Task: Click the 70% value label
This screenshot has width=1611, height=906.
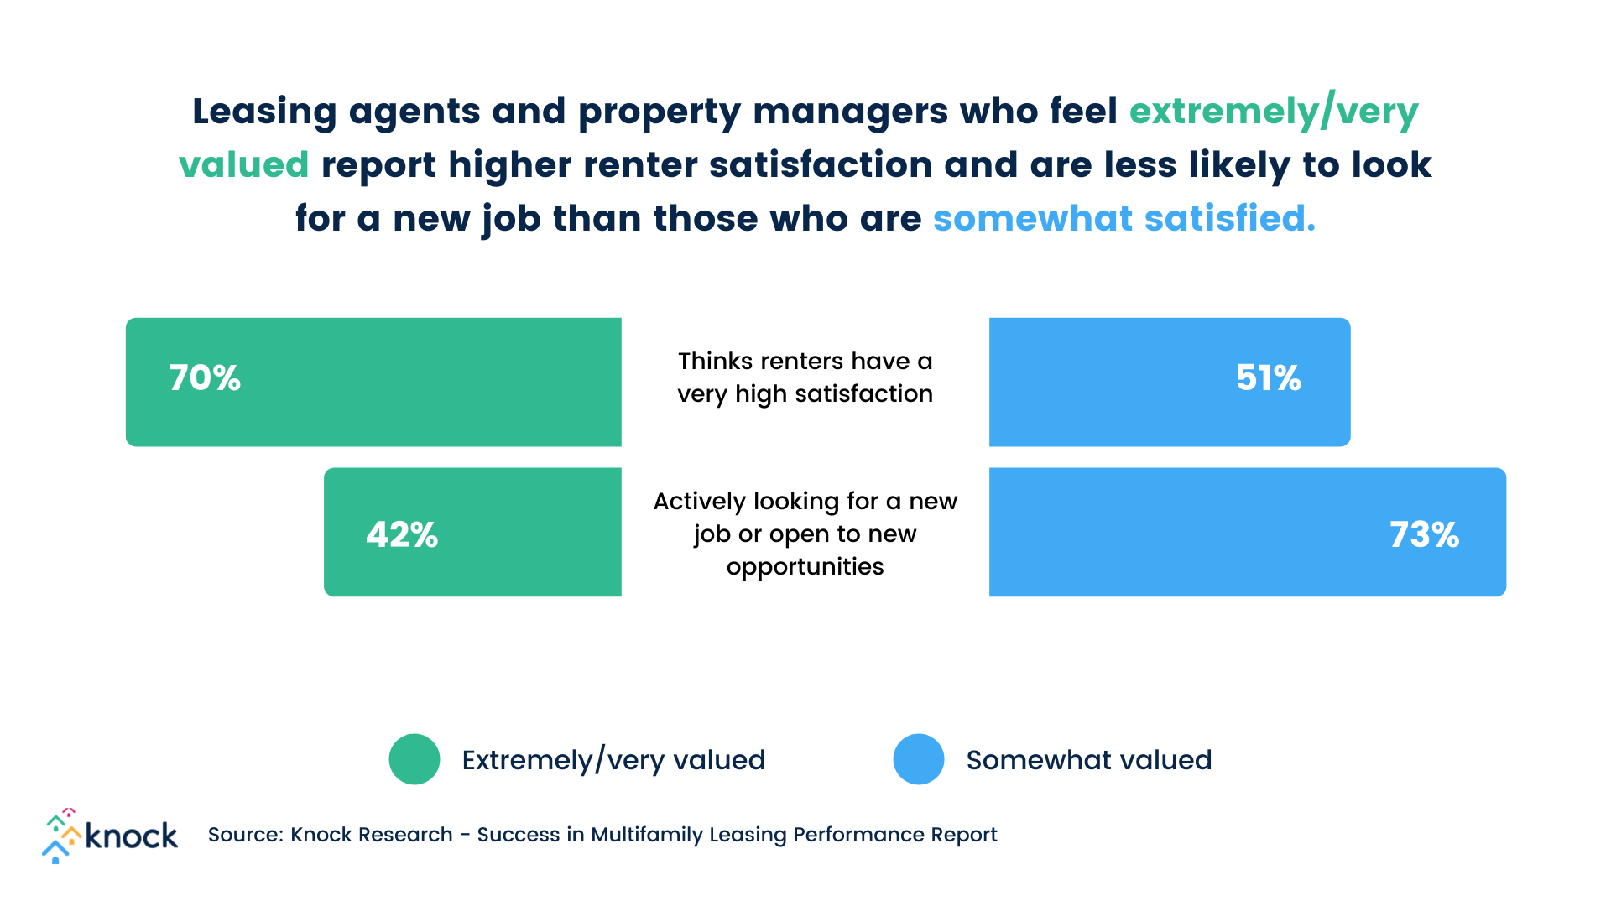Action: [x=205, y=378]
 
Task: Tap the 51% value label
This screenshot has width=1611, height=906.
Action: [x=1268, y=378]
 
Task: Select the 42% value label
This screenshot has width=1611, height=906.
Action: [x=402, y=535]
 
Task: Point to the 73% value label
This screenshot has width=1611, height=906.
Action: [x=1424, y=535]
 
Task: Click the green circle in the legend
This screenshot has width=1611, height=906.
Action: [x=414, y=759]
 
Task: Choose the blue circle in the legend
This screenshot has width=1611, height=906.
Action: [x=919, y=759]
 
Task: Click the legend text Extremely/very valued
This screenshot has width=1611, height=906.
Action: [x=613, y=760]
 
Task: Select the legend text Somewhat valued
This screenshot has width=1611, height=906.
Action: [x=1088, y=760]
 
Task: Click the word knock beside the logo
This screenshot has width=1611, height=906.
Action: [x=132, y=836]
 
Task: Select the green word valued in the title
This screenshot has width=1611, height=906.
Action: [x=244, y=165]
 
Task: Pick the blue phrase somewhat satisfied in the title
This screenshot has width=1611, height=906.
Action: [x=1124, y=219]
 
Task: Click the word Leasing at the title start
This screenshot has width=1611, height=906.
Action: [x=264, y=112]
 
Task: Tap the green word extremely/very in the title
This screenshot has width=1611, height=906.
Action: [x=1274, y=112]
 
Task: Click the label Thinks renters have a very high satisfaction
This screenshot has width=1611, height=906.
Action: [x=805, y=377]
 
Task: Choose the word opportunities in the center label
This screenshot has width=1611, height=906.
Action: [x=805, y=566]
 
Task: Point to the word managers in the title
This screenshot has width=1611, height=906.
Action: [x=850, y=112]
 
